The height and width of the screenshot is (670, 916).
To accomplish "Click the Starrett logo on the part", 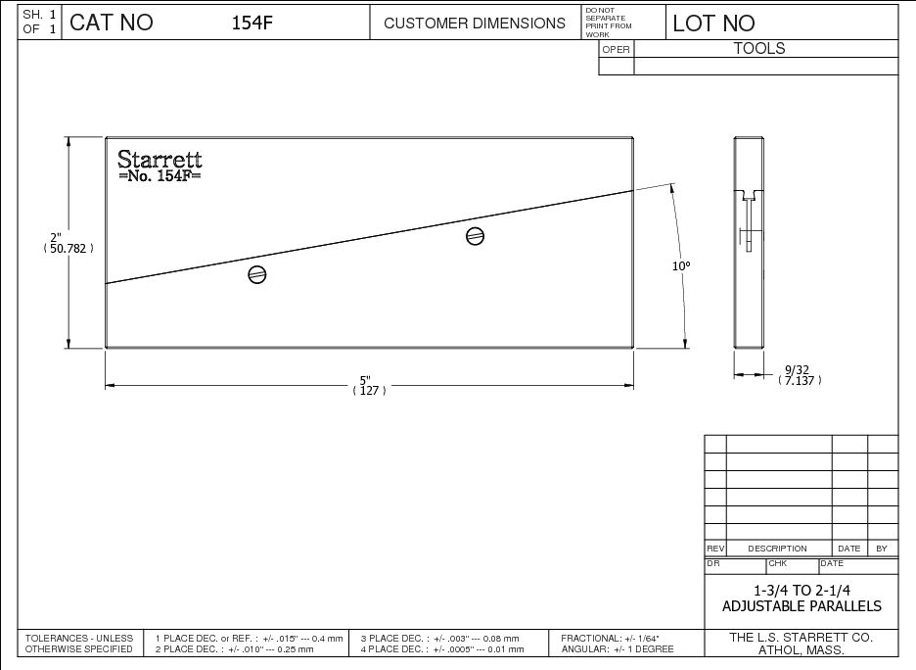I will [x=160, y=159].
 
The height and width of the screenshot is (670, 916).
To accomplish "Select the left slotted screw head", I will [x=257, y=274].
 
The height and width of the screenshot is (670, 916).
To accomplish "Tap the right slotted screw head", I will [x=476, y=235].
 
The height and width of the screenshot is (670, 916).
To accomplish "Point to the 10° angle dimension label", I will [x=680, y=265].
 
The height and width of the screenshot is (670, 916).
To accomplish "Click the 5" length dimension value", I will [x=365, y=379].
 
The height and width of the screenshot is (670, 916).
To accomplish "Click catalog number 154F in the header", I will [x=252, y=24].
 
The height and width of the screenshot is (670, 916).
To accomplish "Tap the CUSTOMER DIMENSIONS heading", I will [x=475, y=24].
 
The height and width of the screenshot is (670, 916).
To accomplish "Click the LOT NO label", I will [x=713, y=24].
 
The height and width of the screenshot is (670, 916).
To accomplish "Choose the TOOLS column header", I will [x=759, y=48].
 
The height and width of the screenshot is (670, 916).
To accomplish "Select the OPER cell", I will [x=616, y=49].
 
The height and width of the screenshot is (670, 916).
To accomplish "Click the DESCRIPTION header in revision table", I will [x=777, y=549].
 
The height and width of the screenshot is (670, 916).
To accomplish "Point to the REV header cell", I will [x=714, y=549].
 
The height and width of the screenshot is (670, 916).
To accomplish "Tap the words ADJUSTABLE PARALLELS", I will [x=801, y=606].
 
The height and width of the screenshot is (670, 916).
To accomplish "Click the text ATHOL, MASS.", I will [x=801, y=650].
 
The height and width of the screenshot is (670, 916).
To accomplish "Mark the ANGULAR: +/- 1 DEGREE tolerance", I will [x=618, y=649].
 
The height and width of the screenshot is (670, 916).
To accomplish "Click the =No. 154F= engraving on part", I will [x=159, y=176].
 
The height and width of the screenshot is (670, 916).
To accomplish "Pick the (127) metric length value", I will [x=369, y=391].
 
